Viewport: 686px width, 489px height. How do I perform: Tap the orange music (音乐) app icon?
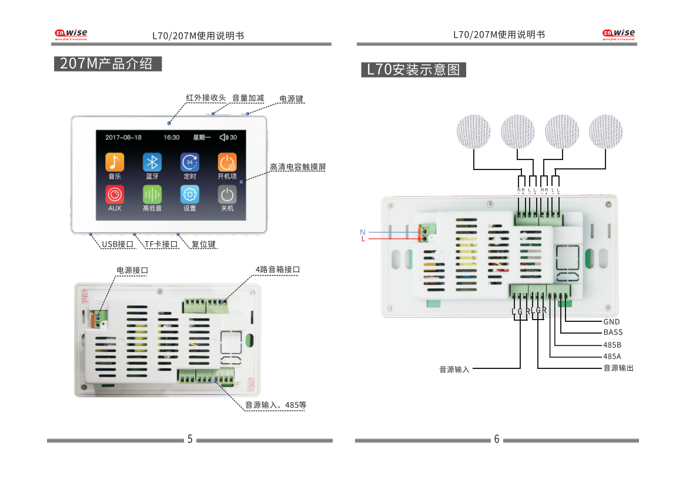pyautogui.click(x=115, y=162)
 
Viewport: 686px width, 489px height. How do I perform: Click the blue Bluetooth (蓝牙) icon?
pyautogui.click(x=152, y=162)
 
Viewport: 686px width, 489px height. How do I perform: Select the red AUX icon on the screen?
pyautogui.click(x=115, y=194)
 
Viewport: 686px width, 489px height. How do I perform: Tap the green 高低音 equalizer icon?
pyautogui.click(x=152, y=194)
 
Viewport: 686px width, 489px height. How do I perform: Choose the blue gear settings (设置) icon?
pyautogui.click(x=190, y=194)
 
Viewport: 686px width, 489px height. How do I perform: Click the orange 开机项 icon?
pyautogui.click(x=227, y=162)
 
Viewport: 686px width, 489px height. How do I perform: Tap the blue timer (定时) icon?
pyautogui.click(x=190, y=162)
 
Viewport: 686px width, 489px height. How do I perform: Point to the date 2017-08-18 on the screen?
pyautogui.click(x=123, y=138)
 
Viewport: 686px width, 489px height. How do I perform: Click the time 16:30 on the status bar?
pyautogui.click(x=172, y=138)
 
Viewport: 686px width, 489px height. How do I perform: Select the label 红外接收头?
pyautogui.click(x=206, y=98)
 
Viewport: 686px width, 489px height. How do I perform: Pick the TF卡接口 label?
pyautogui.click(x=161, y=244)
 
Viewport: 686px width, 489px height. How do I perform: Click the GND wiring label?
pyautogui.click(x=611, y=322)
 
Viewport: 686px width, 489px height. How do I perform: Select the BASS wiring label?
pyautogui.click(x=613, y=332)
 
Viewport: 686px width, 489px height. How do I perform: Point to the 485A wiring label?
pyautogui.click(x=612, y=357)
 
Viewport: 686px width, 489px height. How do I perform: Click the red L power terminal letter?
pyautogui.click(x=363, y=239)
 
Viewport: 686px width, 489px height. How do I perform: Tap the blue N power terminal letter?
pyautogui.click(x=363, y=232)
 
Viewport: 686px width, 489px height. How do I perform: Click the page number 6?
pyautogui.click(x=497, y=440)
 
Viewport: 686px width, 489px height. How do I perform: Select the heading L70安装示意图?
pyautogui.click(x=413, y=70)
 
